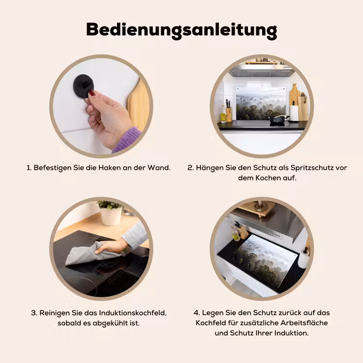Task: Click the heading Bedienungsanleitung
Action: click(x=181, y=30)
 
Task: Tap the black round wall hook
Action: click(x=83, y=86)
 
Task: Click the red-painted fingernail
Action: click(x=92, y=93)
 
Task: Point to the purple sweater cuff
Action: click(x=127, y=139)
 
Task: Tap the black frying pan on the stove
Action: click(x=278, y=119)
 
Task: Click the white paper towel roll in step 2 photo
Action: click(x=294, y=113)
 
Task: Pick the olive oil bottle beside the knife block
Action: click(x=223, y=114)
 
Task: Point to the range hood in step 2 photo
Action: click(x=261, y=70)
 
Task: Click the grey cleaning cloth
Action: click(x=92, y=254)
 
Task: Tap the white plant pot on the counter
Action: click(x=111, y=216)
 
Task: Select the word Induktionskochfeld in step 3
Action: click(x=133, y=313)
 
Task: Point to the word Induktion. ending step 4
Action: click(x=291, y=333)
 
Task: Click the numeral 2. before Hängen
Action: click(x=191, y=167)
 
